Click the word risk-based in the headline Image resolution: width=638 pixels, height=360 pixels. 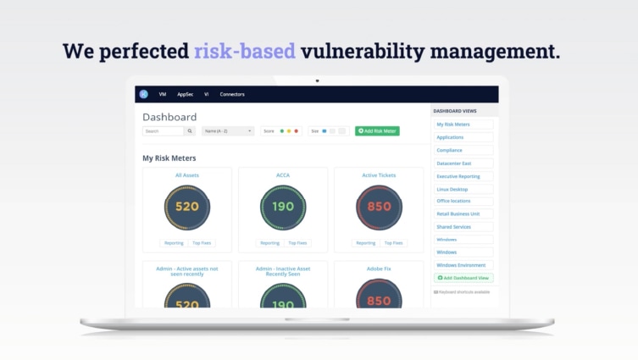coord(244,51)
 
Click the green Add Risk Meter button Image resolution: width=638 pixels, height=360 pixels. coord(377,131)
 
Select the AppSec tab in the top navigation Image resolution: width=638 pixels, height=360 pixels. coord(185,95)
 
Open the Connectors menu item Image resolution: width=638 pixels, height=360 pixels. coord(232,95)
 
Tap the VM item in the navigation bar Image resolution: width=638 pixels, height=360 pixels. coord(163,95)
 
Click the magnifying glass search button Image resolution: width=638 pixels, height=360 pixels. coord(190,131)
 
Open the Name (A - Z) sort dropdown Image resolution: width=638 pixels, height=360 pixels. coord(228,131)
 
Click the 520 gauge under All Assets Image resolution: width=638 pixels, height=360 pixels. coord(187,207)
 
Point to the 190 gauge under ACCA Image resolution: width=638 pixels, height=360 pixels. coord(283,207)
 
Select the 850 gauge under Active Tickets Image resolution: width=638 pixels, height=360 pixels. coord(379,207)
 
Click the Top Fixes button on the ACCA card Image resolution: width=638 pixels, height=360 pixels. coord(297,243)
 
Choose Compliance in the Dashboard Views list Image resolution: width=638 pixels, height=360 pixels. coord(450,150)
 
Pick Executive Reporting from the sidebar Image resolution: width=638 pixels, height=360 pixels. coord(458,176)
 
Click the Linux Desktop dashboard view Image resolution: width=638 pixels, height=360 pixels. coord(452,189)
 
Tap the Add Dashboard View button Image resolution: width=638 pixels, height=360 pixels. coord(463,278)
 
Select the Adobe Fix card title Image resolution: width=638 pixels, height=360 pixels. coord(379,269)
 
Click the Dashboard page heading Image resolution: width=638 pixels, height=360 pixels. coord(169,117)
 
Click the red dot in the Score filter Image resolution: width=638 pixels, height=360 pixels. coord(296,131)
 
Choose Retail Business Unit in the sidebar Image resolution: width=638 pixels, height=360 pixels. coord(458,214)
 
